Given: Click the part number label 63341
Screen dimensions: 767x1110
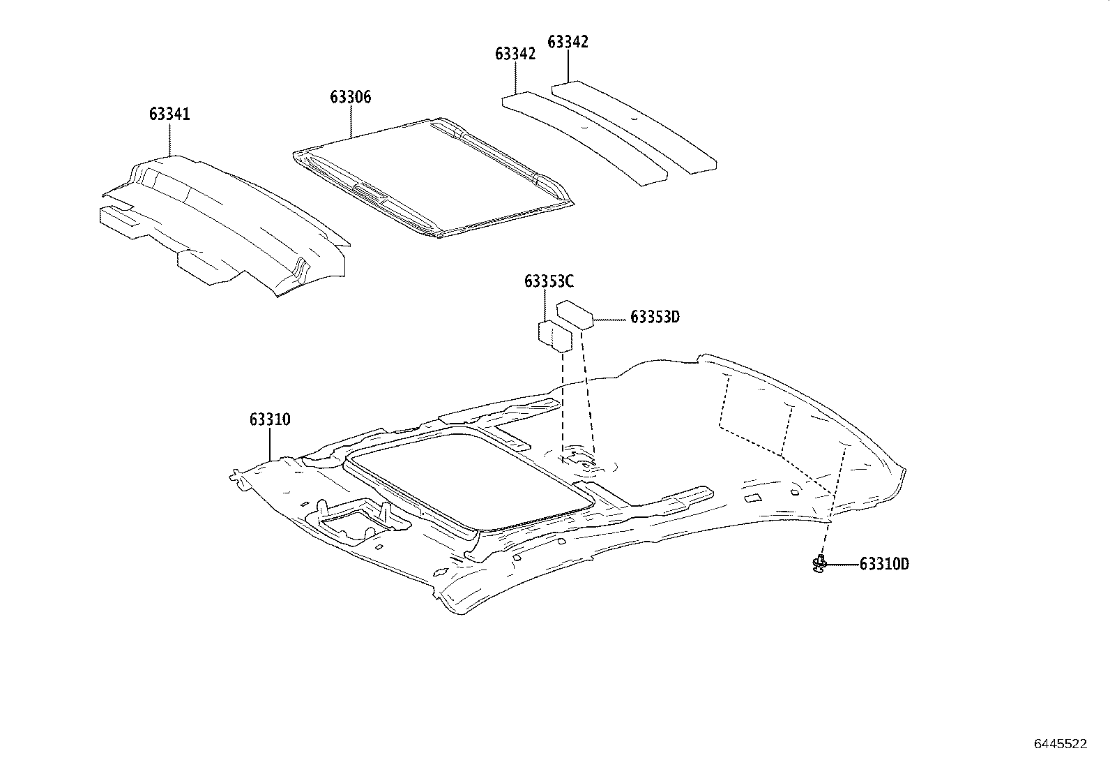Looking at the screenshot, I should coord(169,114).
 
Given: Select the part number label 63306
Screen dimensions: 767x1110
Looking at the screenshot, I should coord(351,97).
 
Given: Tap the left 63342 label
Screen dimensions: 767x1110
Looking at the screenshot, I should coord(515,54).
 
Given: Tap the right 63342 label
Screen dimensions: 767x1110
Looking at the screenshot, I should coord(568,42).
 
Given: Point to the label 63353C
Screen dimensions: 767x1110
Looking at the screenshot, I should coord(549,281).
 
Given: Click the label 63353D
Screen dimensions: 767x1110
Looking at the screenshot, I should coord(654,317).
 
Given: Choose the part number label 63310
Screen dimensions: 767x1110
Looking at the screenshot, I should coord(270,419).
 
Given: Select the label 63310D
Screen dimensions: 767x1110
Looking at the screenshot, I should coord(883,564).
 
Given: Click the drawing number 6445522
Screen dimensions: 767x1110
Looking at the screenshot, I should coord(1060,744).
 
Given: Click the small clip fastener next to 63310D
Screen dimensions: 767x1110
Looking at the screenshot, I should coord(820,563).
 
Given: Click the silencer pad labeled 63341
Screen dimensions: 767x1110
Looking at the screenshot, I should coord(230,223).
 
